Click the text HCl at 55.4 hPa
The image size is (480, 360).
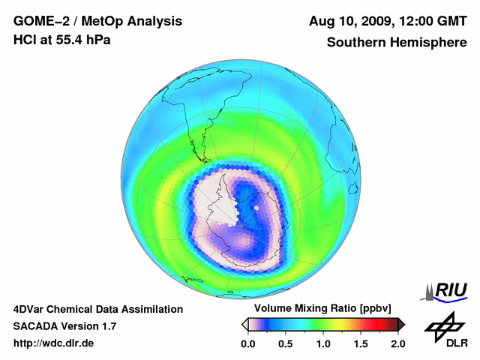[61, 40]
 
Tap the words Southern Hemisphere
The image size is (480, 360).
[397, 42]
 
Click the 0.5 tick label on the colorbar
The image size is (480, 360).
[285, 343]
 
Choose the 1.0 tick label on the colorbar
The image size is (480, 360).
[322, 343]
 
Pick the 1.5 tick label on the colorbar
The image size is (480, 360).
[360, 343]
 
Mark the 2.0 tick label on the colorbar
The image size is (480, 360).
[397, 343]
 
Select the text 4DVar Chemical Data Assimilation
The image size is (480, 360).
[98, 309]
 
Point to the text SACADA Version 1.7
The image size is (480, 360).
[64, 326]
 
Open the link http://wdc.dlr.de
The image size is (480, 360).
[54, 343]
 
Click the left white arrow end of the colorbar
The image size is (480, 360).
[244, 324]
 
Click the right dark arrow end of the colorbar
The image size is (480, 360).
[401, 324]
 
